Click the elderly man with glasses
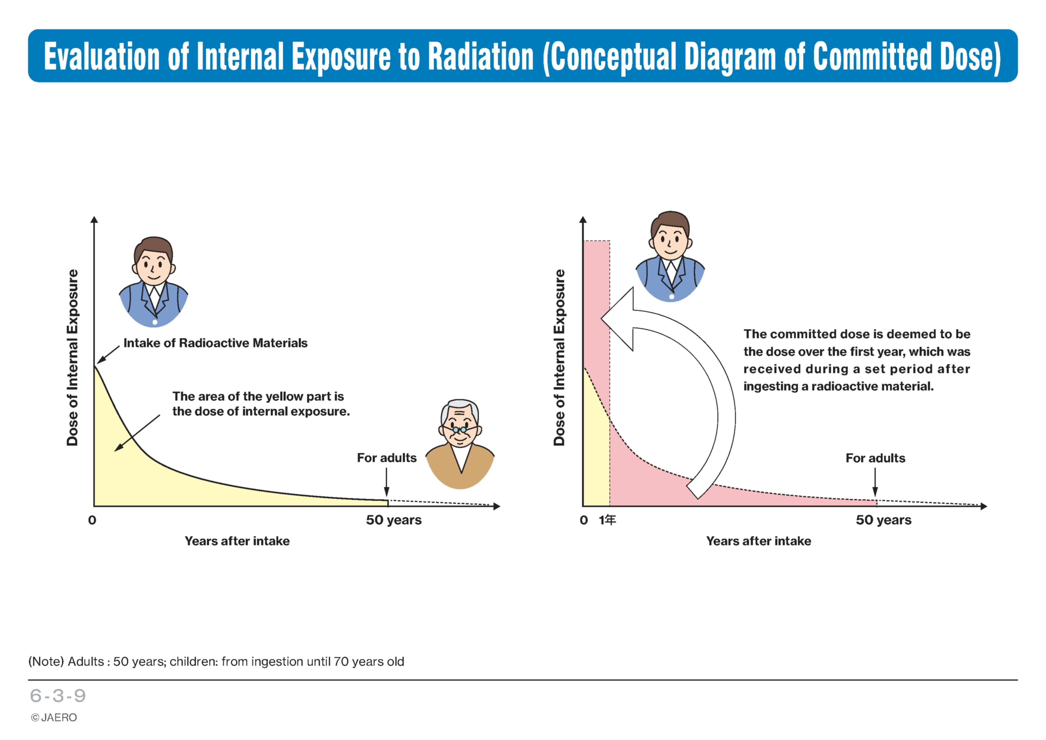coord(460,444)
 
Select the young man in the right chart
coord(670,257)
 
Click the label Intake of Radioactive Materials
coord(216,343)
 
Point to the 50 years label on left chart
coord(394,520)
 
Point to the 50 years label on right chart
coord(883,520)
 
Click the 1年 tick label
coord(607,520)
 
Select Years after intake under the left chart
coord(237,541)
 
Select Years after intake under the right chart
coord(759,541)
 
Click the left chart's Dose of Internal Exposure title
coord(72,358)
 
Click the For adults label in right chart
coord(875,458)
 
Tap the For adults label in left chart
coord(386,458)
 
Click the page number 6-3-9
coord(58,696)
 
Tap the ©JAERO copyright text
coord(54,718)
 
